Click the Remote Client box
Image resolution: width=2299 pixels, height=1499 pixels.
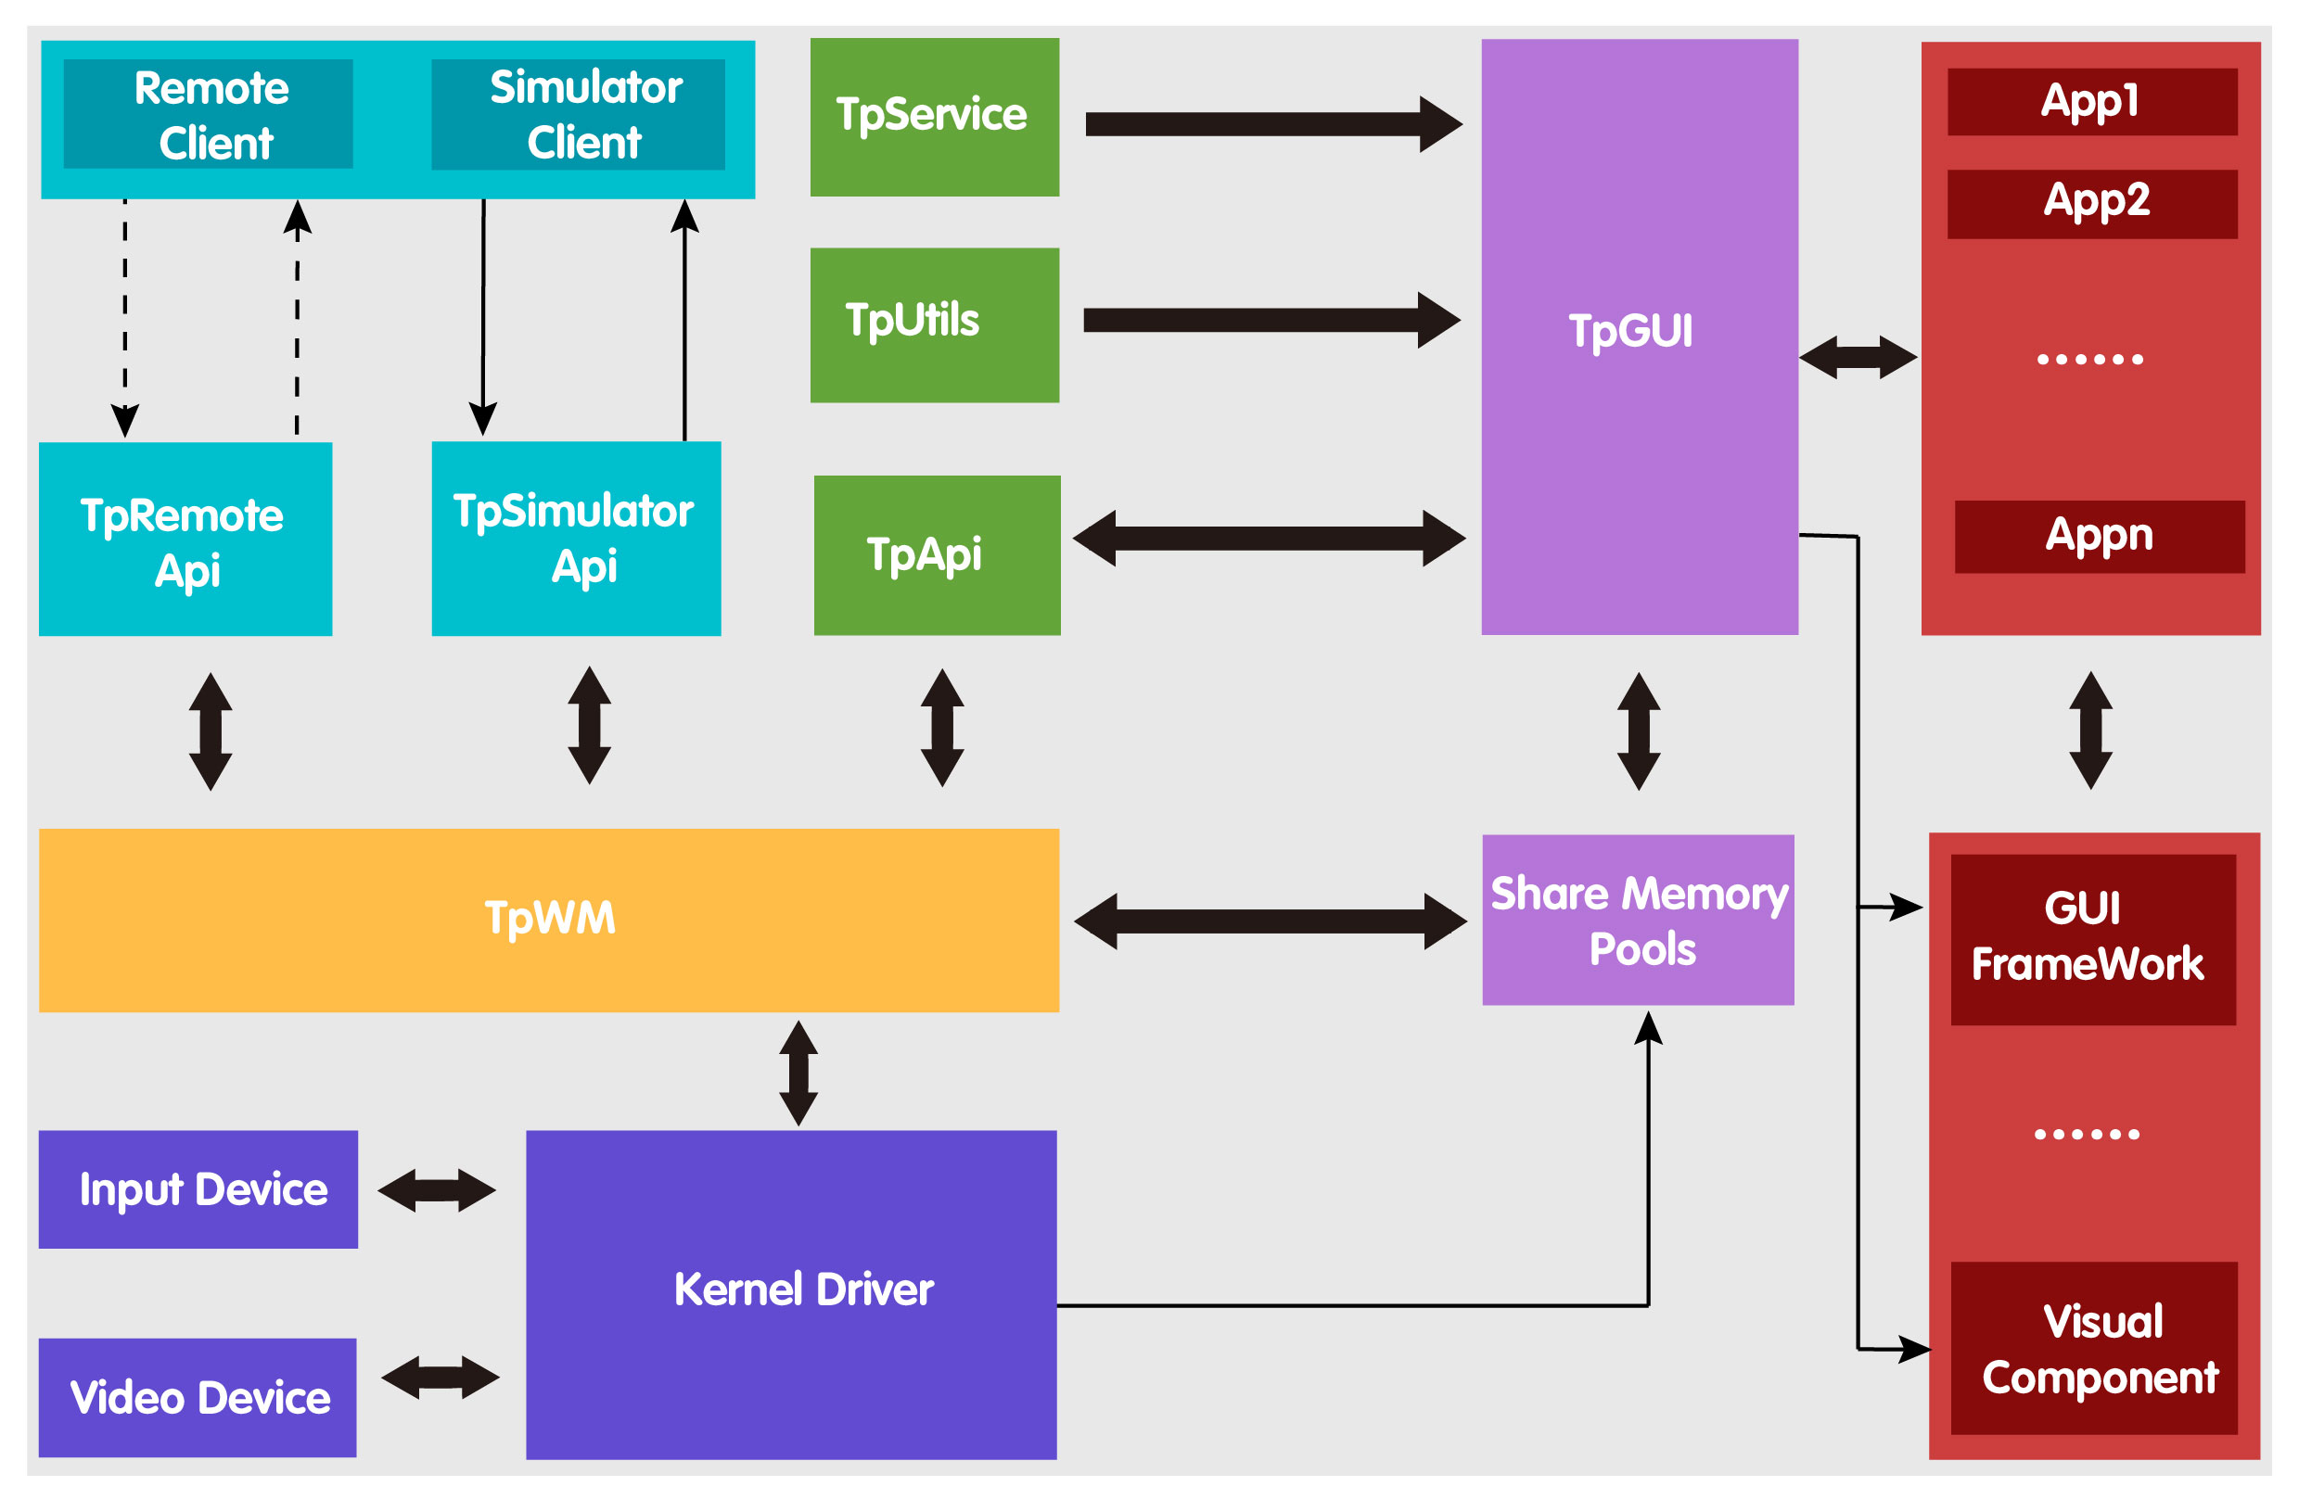(x=208, y=114)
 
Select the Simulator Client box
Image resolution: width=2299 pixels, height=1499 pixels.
(x=578, y=114)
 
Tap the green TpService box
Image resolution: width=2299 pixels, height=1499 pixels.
(x=934, y=117)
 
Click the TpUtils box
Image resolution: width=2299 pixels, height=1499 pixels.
(x=934, y=324)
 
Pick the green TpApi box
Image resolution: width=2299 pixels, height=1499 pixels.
(x=936, y=554)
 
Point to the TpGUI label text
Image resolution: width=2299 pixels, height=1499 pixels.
(x=1629, y=330)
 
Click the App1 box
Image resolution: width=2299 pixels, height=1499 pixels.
(x=2092, y=101)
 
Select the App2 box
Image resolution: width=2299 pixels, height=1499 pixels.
(x=2092, y=203)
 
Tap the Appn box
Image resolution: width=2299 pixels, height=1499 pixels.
(x=2099, y=536)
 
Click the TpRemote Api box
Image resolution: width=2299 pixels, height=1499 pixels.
(x=185, y=539)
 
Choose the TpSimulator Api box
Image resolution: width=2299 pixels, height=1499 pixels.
(x=576, y=538)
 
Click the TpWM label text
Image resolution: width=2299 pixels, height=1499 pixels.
(x=549, y=917)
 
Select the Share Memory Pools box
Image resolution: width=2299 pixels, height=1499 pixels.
(x=1639, y=920)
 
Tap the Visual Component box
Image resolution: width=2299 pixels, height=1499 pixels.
(x=2094, y=1348)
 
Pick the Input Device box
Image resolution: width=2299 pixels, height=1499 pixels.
(x=198, y=1189)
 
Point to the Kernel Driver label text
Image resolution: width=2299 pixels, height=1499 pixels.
(x=804, y=1289)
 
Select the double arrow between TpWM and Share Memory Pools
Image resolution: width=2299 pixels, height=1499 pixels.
(x=1271, y=921)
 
